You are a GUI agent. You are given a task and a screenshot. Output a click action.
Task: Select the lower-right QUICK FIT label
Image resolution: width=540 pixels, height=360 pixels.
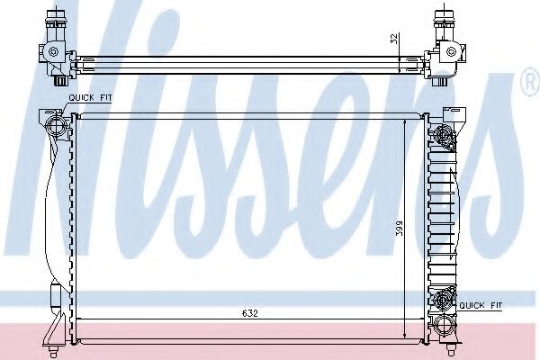[481, 305]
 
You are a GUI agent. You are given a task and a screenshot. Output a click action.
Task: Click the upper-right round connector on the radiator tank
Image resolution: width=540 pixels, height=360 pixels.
[443, 135]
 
